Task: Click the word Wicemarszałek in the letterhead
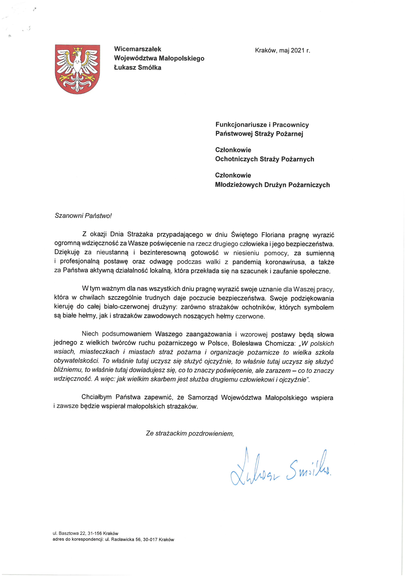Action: pos(137,49)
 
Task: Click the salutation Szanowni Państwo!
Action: pos(83,216)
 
